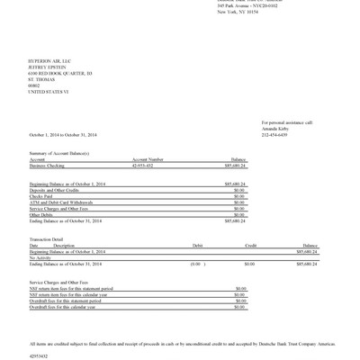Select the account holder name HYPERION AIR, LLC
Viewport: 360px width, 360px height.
tap(48, 60)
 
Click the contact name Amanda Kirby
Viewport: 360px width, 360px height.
tap(277, 129)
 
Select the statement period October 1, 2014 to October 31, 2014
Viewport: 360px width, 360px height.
tap(62, 135)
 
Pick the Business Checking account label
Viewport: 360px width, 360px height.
tap(48, 166)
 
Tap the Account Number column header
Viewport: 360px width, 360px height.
tap(148, 159)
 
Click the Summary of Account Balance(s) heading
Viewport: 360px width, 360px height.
tap(59, 153)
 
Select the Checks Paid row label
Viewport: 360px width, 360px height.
tap(40, 195)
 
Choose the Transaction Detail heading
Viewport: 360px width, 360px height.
tap(47, 238)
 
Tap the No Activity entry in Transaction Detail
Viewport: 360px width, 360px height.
tap(40, 257)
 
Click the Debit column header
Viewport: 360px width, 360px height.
tap(197, 245)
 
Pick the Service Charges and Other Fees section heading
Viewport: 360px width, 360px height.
tap(60, 282)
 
